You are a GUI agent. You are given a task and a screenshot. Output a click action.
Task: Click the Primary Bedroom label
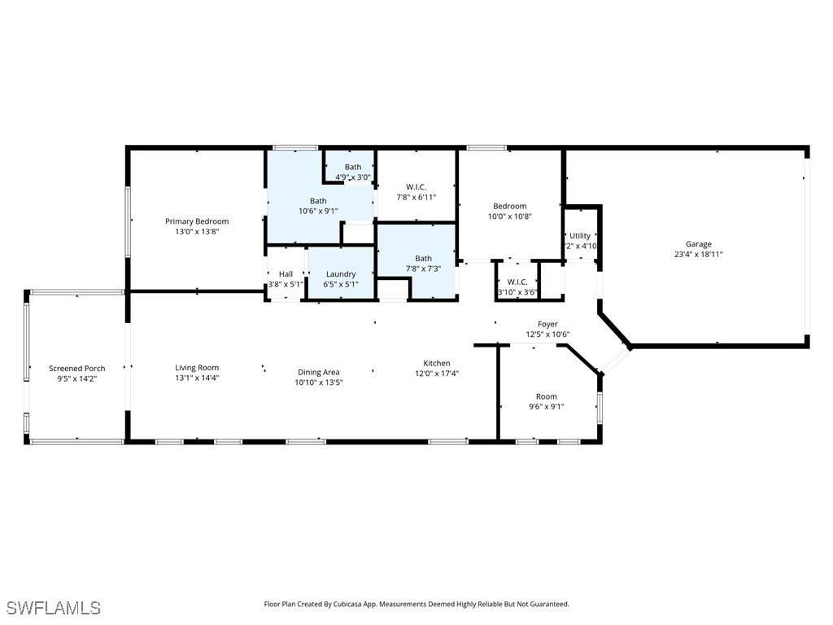[197, 221]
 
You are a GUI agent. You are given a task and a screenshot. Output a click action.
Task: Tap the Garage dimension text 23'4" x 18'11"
[698, 254]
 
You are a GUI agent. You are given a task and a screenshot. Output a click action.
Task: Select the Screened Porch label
[76, 369]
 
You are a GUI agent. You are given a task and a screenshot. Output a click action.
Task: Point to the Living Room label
[197, 368]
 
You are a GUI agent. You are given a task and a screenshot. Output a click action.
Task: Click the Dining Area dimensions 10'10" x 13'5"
[319, 382]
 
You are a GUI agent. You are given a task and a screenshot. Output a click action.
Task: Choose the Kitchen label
[437, 364]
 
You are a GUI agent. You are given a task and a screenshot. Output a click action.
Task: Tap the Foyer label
[547, 325]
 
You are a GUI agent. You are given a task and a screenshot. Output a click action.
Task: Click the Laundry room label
[341, 274]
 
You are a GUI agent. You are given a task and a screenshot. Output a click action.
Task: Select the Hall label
[286, 274]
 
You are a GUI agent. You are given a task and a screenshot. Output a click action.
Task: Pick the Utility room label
[580, 236]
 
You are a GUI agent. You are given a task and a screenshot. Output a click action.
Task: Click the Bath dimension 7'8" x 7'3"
[423, 269]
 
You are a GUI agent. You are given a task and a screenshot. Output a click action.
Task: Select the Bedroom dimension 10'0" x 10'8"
[509, 216]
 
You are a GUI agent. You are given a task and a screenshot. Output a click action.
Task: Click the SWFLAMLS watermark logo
[54, 608]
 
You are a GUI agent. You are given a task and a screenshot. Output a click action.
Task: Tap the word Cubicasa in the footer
[362, 605]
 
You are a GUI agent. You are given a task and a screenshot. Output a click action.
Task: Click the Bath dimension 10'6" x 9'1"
[317, 211]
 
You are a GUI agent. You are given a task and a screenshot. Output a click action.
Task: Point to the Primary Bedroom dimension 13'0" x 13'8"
[197, 231]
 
